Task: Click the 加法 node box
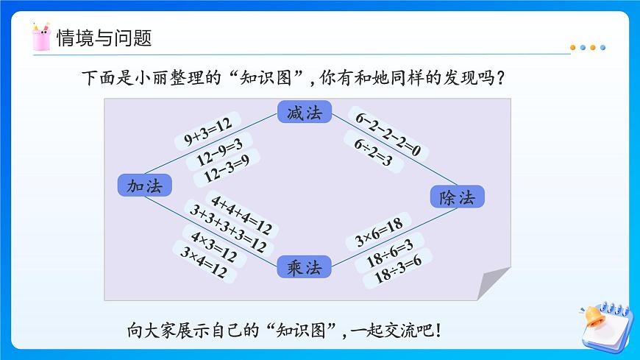coord(144,186)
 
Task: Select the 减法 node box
coord(305,113)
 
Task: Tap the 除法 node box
coord(457,197)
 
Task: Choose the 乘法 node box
coord(305,267)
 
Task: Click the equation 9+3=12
coord(208,133)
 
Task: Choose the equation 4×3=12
coord(213,247)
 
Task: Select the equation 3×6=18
coord(378,235)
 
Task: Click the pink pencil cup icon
coord(41,38)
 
